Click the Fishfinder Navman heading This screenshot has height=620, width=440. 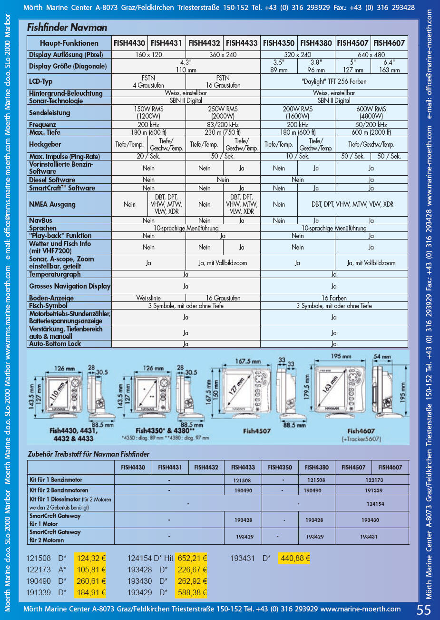[67, 28]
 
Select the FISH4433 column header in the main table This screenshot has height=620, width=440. [242, 43]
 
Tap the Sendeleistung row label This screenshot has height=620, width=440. [49, 113]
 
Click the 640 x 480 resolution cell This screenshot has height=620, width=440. [371, 55]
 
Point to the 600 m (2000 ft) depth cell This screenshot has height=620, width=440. [371, 132]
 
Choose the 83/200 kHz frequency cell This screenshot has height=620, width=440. [223, 125]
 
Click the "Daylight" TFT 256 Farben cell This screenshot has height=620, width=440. [334, 81]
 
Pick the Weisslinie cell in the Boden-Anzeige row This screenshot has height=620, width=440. [148, 298]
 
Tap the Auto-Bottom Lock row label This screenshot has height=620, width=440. [55, 344]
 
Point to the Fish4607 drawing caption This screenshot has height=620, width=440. [361, 431]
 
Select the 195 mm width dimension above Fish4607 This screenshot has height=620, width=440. [341, 356]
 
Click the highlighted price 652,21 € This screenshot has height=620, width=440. [192, 558]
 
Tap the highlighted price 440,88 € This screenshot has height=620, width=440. [295, 558]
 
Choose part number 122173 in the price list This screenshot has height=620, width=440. [39, 570]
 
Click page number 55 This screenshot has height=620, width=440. [423, 610]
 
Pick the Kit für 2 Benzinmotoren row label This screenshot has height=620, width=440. [59, 490]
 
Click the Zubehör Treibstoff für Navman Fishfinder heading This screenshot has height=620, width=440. [88, 454]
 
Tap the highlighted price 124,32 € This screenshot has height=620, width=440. [91, 558]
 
